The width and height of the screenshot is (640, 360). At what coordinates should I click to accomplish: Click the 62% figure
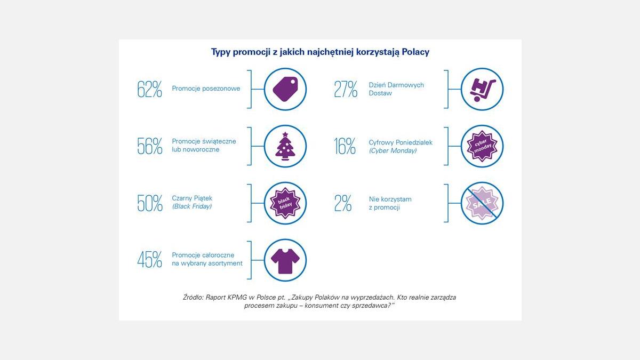[149, 89]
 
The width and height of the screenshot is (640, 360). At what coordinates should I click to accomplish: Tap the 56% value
[149, 146]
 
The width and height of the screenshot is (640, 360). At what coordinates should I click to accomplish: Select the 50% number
[149, 203]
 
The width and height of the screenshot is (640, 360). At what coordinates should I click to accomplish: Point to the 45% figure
[149, 259]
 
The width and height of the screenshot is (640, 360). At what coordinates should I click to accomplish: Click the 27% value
[346, 89]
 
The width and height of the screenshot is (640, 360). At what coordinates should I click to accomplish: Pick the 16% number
[345, 146]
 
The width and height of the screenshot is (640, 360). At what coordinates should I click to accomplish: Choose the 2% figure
[343, 203]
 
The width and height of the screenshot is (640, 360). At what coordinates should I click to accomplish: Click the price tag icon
[285, 89]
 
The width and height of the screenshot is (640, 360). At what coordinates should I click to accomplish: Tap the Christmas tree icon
[285, 146]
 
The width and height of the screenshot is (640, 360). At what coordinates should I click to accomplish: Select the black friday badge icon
[285, 203]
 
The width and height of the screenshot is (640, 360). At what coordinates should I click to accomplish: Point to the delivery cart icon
[482, 89]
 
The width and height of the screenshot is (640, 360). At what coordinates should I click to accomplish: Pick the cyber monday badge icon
[482, 146]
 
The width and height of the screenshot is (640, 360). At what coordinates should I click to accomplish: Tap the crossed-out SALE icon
[482, 203]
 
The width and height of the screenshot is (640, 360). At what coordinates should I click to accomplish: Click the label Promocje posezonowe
[206, 89]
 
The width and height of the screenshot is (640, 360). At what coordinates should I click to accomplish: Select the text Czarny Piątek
[192, 198]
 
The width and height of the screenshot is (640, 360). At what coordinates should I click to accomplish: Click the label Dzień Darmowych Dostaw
[396, 89]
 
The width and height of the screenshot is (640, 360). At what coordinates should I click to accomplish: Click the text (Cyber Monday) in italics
[393, 151]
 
